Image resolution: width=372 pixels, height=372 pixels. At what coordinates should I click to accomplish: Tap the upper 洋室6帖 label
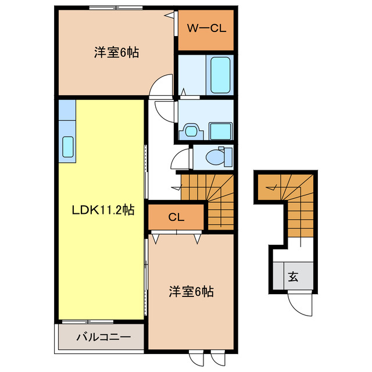[x=117, y=52]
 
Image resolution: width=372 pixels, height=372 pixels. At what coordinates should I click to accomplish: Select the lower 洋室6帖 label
[x=192, y=291]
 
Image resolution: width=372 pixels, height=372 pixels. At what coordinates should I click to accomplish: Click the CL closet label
[x=176, y=218]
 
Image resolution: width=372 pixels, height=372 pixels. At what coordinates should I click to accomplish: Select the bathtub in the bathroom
[x=220, y=74]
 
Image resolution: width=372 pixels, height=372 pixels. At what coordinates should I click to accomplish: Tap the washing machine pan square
[x=220, y=130]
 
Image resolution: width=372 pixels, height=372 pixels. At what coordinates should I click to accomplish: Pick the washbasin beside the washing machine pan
[x=190, y=130]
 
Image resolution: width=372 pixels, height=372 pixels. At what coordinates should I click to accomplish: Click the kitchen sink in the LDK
[x=67, y=147]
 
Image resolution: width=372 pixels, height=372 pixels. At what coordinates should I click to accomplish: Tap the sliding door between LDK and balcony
[x=88, y=321]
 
